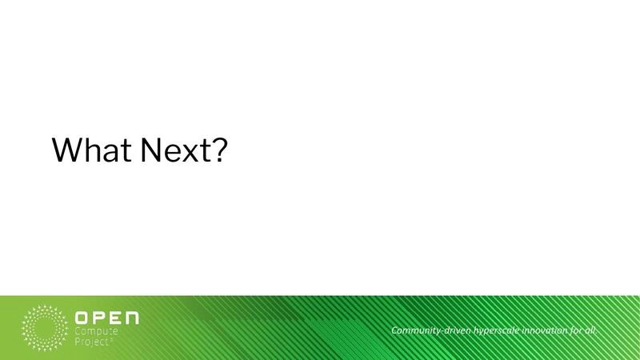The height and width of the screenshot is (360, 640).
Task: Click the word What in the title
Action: [x=90, y=150]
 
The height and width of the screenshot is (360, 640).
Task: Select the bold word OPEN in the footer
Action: [x=106, y=318]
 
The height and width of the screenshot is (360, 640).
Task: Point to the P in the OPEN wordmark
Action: [x=98, y=318]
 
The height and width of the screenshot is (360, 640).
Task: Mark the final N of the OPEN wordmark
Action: [x=131, y=318]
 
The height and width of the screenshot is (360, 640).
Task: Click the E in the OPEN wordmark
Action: [x=114, y=318]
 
